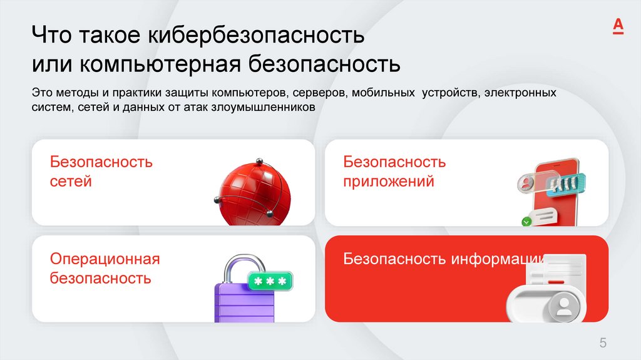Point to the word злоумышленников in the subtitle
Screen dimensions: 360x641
pyautogui.click(x=279, y=108)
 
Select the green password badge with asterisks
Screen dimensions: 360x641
pyautogui.click(x=270, y=281)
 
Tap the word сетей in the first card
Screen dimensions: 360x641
pyautogui.click(x=71, y=182)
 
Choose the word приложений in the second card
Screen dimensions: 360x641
pyautogui.click(x=388, y=182)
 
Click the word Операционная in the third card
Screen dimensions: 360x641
pyautogui.click(x=105, y=259)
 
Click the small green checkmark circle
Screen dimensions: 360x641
pyautogui.click(x=526, y=221)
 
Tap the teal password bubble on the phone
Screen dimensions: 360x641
pyautogui.click(x=564, y=183)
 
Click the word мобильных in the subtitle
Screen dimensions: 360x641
pyautogui.click(x=383, y=93)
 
